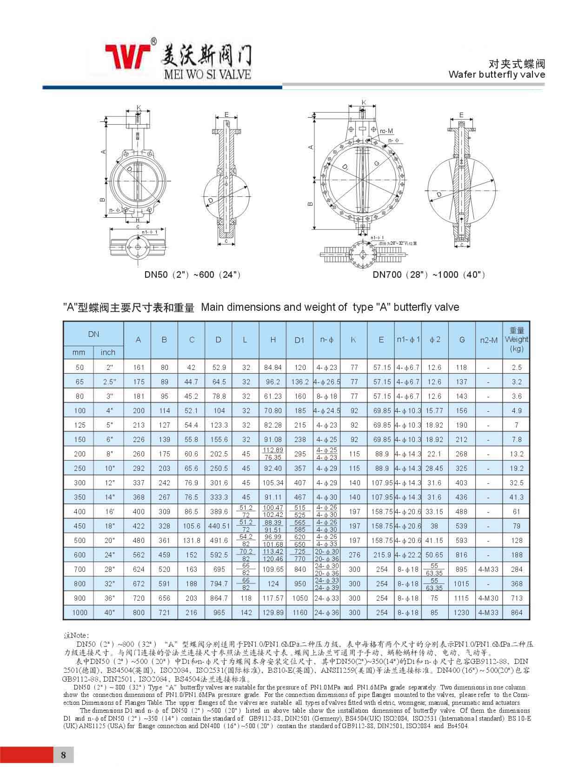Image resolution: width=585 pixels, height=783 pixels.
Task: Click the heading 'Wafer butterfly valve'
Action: click(x=497, y=74)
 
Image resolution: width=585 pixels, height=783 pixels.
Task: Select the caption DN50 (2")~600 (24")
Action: click(x=192, y=274)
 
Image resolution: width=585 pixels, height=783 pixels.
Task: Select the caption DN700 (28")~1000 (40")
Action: click(x=429, y=274)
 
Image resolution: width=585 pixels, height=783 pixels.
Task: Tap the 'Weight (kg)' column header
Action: click(x=516, y=339)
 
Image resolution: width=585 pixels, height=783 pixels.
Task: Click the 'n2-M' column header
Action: click(x=488, y=340)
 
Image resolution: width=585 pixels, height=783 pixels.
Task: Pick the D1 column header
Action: click(x=299, y=340)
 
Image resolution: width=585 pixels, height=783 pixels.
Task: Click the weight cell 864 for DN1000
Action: click(x=516, y=612)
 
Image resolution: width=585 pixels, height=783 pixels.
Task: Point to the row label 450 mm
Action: click(x=80, y=526)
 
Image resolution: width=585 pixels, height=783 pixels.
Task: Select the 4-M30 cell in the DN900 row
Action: click(x=488, y=598)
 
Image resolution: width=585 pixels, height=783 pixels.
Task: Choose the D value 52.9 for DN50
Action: click(x=219, y=367)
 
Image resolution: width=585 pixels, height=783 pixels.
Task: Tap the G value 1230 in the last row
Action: click(x=461, y=612)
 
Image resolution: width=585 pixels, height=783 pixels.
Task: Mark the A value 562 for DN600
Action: click(x=139, y=555)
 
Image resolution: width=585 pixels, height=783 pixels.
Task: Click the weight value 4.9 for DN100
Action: click(x=516, y=410)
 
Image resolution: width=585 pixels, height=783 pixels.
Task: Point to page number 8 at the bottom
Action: click(x=64, y=755)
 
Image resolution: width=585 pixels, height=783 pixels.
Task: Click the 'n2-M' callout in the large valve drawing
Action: click(x=386, y=132)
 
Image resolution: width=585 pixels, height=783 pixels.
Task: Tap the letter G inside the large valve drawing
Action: click(x=376, y=163)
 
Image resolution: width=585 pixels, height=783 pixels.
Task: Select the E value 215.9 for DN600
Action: click(x=382, y=555)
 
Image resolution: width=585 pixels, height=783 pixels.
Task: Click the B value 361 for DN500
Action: click(x=164, y=540)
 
